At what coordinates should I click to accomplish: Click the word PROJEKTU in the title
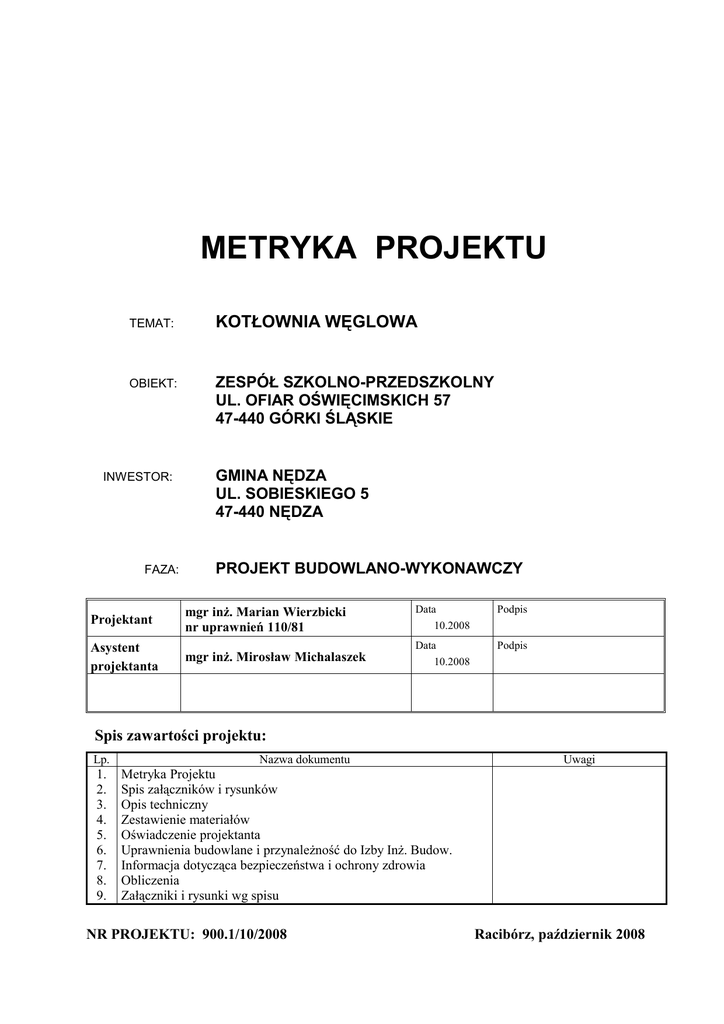click(461, 249)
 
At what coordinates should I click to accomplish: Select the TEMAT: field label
click(153, 324)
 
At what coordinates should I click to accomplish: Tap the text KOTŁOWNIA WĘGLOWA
click(316, 322)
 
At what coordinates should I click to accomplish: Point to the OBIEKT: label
click(153, 384)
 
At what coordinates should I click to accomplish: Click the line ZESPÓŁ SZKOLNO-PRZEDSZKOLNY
click(355, 382)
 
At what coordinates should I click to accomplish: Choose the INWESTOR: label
click(139, 476)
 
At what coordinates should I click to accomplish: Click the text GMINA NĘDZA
click(271, 474)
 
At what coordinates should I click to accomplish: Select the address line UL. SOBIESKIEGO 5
click(285, 493)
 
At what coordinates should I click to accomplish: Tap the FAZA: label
click(161, 569)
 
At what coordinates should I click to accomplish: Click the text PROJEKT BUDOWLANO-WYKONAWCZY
click(369, 568)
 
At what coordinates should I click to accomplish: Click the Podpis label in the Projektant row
click(511, 609)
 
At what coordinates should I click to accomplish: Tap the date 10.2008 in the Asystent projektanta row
click(452, 662)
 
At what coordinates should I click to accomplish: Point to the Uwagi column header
click(579, 760)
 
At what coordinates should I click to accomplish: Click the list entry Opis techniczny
click(164, 804)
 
